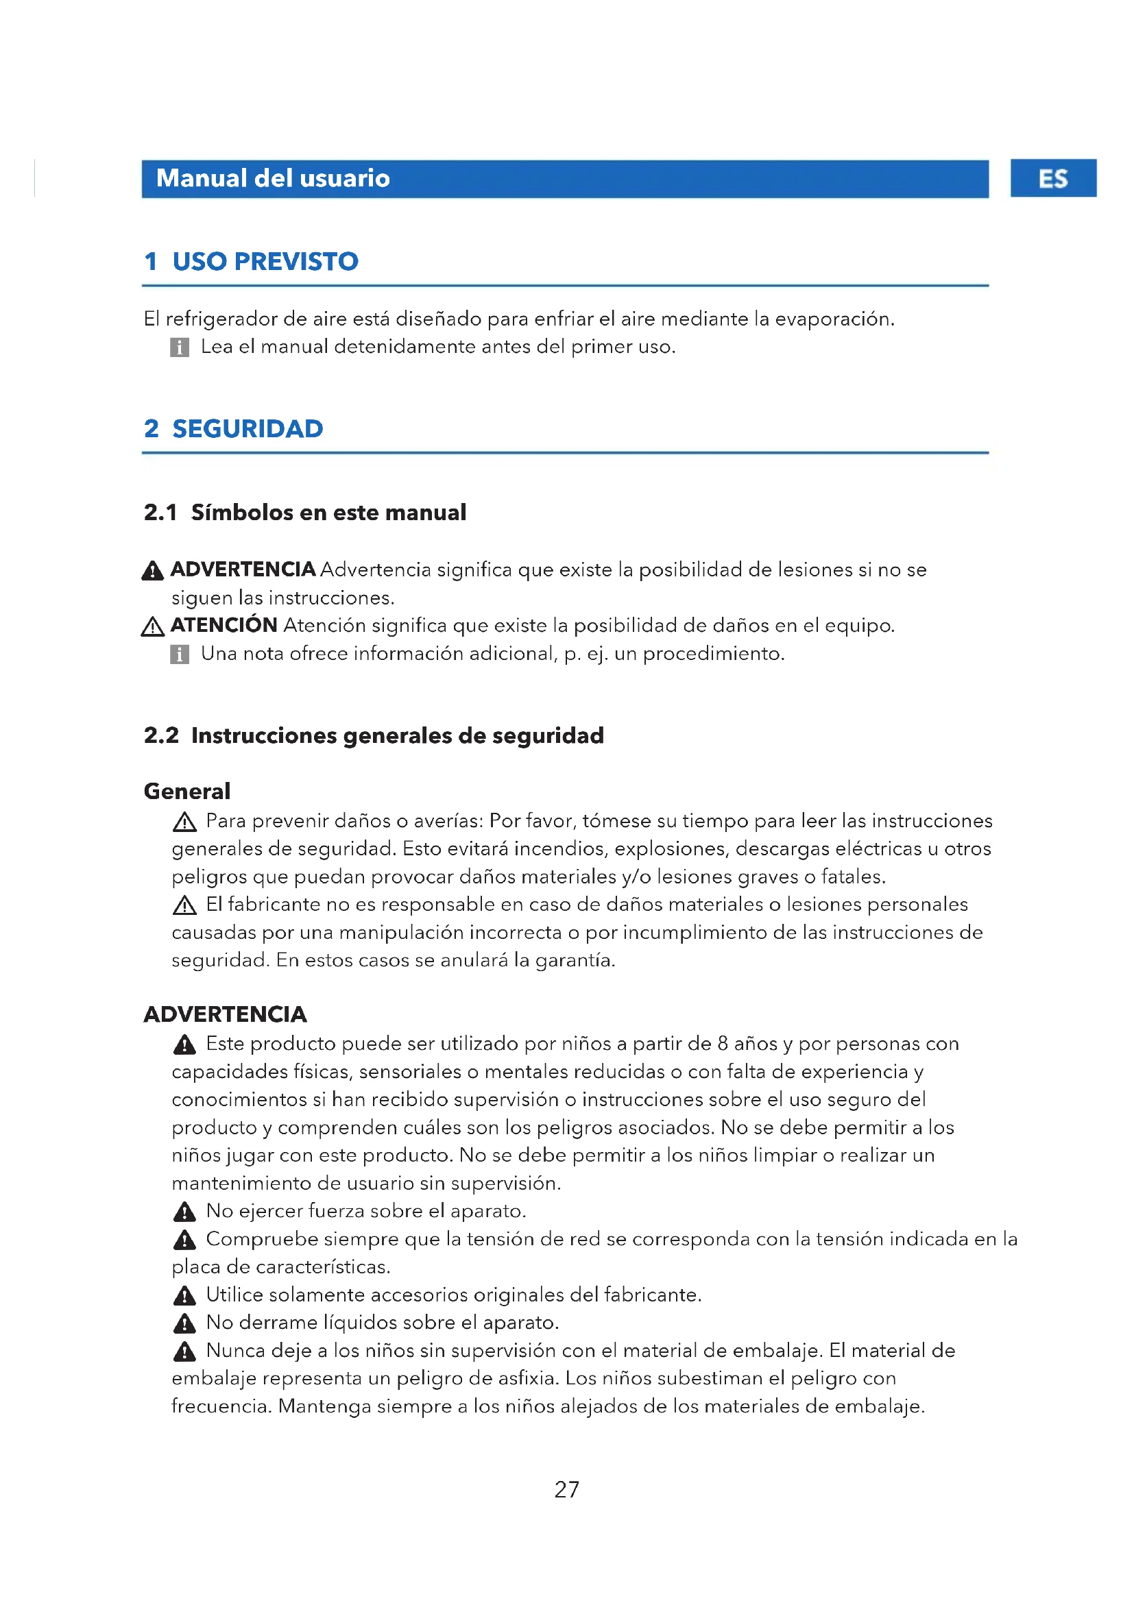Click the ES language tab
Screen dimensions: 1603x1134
[1052, 179]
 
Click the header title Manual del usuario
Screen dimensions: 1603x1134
[273, 179]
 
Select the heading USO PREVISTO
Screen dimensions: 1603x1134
[265, 261]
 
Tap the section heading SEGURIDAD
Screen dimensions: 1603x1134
[248, 428]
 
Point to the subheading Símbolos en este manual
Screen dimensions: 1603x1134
[328, 513]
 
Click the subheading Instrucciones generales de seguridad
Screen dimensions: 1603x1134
[398, 735]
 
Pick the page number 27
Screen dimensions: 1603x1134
[566, 1489]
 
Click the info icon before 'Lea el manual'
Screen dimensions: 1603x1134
[180, 347]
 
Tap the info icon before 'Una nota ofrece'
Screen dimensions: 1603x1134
[180, 654]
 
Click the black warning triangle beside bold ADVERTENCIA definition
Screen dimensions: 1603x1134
[152, 571]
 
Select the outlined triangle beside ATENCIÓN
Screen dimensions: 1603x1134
[152, 626]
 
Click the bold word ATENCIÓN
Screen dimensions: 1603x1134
[224, 625]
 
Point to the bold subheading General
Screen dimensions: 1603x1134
[186, 791]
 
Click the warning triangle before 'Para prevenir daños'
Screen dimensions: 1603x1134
[184, 822]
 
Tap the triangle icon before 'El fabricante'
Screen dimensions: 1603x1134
[184, 905]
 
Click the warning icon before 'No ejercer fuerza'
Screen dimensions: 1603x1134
[184, 1211]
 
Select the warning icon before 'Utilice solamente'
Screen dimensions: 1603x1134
[184, 1296]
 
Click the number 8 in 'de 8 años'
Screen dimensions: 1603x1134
[723, 1044]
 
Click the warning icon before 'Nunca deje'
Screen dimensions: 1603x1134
[184, 1351]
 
